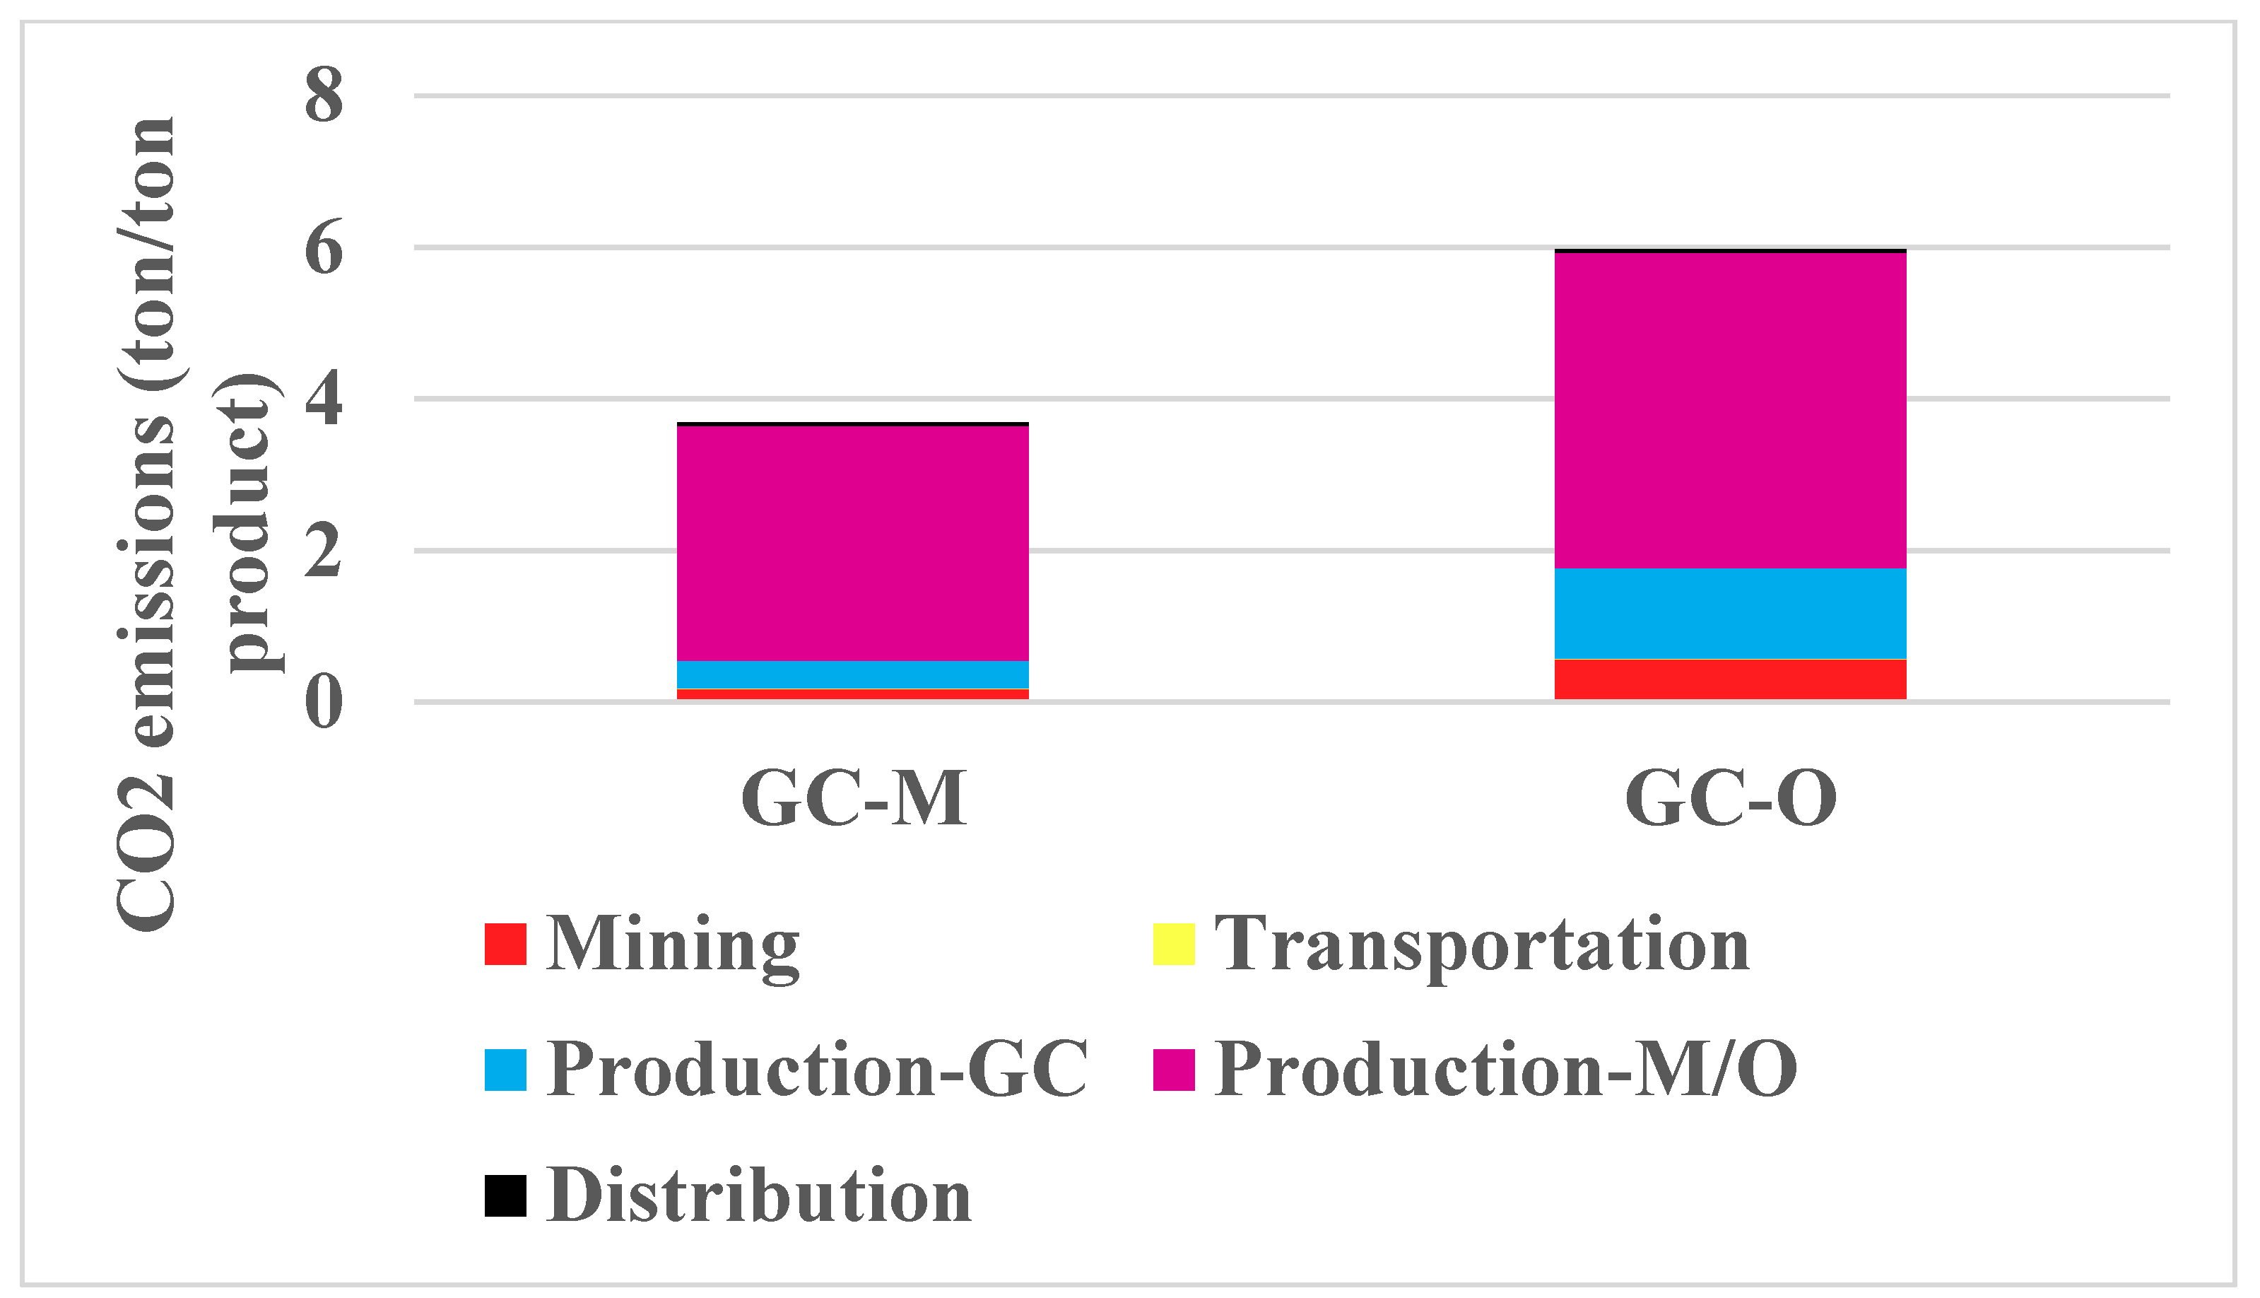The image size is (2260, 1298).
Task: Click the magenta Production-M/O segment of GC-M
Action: (852, 543)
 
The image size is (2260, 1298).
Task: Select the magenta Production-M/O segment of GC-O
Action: (1730, 410)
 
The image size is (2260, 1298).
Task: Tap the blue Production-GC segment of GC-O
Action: (1730, 614)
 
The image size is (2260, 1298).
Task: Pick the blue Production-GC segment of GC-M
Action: (852, 674)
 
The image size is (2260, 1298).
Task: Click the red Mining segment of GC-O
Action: (1730, 679)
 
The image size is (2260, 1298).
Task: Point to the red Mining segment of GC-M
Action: (852, 694)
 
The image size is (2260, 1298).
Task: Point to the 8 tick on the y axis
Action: (324, 95)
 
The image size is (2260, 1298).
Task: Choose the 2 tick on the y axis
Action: (324, 551)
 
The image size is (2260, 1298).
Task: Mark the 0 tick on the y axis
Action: (324, 703)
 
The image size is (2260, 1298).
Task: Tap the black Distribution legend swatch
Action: (505, 1195)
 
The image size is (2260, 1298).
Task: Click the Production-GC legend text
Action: (816, 1069)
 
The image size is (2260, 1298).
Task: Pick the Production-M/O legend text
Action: (1505, 1069)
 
